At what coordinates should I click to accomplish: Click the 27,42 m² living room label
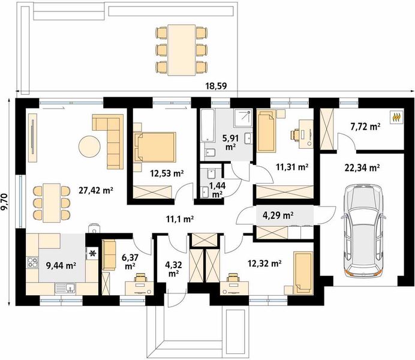(96, 190)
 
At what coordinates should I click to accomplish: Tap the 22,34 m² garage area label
(362, 167)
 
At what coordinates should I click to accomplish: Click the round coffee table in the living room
(89, 146)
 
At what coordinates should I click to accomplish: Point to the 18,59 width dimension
(216, 86)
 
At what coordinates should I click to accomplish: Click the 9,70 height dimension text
(5, 202)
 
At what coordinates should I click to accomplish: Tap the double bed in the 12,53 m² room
(155, 146)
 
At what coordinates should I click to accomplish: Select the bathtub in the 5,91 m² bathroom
(207, 125)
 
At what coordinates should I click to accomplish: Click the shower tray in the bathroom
(242, 118)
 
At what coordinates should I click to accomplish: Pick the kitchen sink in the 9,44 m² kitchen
(65, 288)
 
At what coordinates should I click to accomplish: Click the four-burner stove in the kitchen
(32, 262)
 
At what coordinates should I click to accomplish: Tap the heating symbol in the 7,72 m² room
(396, 117)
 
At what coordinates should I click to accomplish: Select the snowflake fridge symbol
(92, 253)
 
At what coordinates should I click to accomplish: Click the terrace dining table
(182, 50)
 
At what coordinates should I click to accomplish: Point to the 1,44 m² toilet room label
(217, 190)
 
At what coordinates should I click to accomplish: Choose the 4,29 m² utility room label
(278, 215)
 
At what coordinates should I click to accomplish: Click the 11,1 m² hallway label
(180, 219)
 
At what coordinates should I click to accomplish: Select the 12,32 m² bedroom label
(264, 263)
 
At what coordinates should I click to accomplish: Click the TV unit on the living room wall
(32, 137)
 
